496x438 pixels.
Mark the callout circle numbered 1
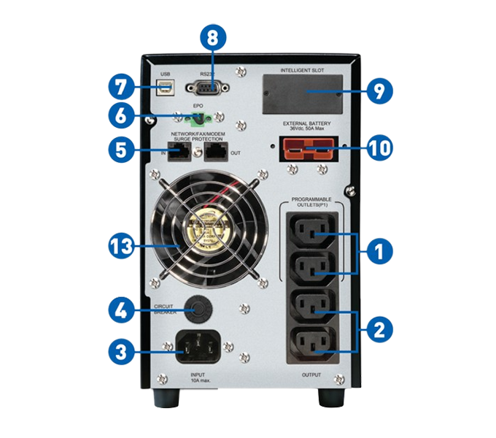point(378,252)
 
